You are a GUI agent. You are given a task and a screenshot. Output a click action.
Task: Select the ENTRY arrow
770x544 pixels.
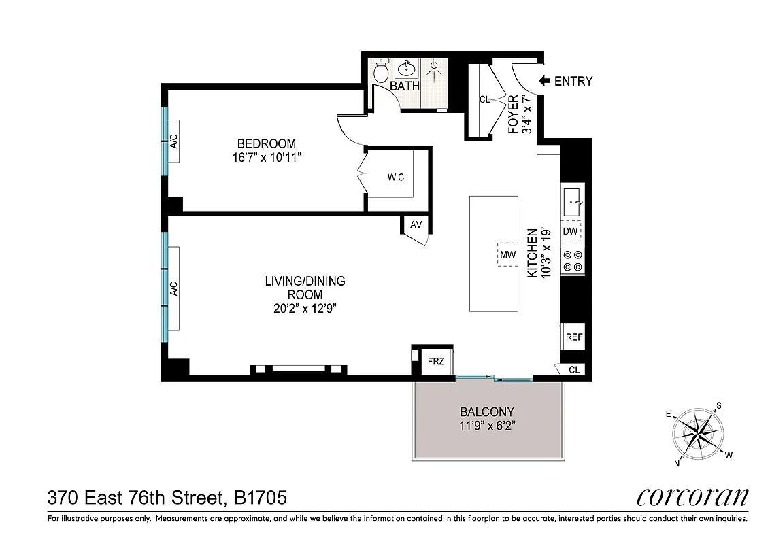pos(544,81)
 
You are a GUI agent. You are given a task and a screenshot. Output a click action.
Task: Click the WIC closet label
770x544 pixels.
pos(395,177)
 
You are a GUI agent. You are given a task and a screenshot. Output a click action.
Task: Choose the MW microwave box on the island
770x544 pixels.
pos(507,254)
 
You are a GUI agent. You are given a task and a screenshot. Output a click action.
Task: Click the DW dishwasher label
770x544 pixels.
pos(570,232)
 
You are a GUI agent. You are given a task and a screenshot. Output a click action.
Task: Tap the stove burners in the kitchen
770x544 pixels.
pos(573,261)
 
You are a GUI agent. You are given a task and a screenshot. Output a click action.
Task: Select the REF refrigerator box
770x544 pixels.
pos(573,337)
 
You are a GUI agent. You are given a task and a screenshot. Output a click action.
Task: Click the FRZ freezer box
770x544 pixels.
pos(435,361)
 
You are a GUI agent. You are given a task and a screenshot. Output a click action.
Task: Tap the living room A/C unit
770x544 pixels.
pos(173,289)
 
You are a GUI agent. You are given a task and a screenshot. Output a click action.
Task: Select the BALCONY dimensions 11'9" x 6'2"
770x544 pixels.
pos(486,427)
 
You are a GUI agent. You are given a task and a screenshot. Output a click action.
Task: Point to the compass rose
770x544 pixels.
pos(697,433)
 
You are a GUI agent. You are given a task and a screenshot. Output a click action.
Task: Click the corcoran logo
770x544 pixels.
pos(692,497)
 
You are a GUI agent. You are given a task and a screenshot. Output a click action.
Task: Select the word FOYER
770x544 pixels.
pos(514,114)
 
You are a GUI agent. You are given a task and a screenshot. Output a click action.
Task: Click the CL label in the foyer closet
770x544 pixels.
pos(484,99)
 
